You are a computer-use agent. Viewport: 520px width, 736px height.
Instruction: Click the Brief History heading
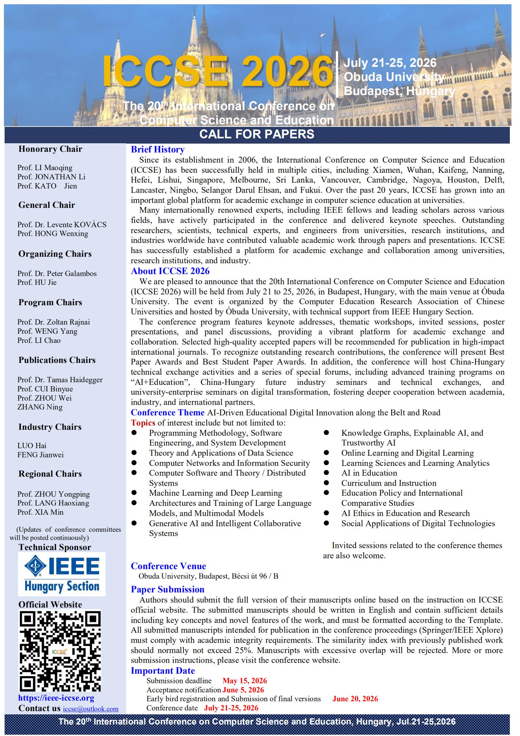[158, 149]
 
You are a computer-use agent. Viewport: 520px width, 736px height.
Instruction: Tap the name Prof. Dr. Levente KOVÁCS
[62, 225]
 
